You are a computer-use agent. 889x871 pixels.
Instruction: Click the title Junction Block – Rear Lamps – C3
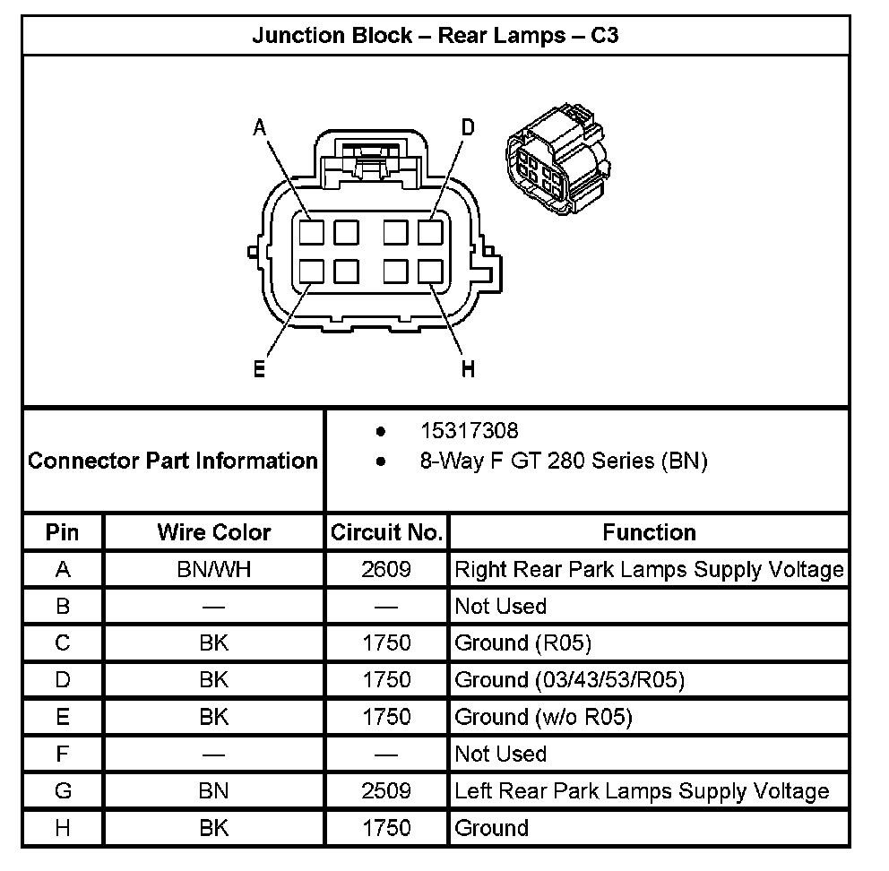pyautogui.click(x=436, y=36)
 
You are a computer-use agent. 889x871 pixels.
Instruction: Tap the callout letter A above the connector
pyautogui.click(x=260, y=128)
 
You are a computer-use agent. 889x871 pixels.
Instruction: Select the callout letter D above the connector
pyautogui.click(x=467, y=128)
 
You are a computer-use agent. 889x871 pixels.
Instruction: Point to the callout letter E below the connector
pyautogui.click(x=259, y=368)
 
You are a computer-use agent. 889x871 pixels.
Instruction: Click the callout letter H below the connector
pyautogui.click(x=468, y=368)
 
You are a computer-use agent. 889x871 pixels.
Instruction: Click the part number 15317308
pyautogui.click(x=469, y=431)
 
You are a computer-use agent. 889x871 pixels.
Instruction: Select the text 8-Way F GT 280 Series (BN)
pyautogui.click(x=564, y=461)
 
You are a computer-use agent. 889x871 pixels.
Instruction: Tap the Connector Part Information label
pyautogui.click(x=173, y=461)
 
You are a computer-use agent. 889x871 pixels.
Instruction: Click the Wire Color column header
pyautogui.click(x=213, y=532)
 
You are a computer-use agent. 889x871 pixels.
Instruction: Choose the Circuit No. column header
pyautogui.click(x=386, y=532)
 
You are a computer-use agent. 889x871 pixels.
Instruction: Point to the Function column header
pyautogui.click(x=649, y=532)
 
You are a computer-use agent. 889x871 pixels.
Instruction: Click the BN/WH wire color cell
pyautogui.click(x=213, y=569)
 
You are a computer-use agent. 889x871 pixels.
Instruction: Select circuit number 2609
pyautogui.click(x=386, y=569)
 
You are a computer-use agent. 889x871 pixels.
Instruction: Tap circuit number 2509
pyautogui.click(x=386, y=791)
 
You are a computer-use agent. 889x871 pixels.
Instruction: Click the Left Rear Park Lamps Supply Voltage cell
pyautogui.click(x=642, y=791)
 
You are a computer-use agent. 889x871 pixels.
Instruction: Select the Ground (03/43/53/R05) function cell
pyautogui.click(x=569, y=680)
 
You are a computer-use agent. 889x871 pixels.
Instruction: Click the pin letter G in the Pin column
pyautogui.click(x=63, y=791)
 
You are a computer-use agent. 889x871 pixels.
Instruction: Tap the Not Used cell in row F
pyautogui.click(x=500, y=754)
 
